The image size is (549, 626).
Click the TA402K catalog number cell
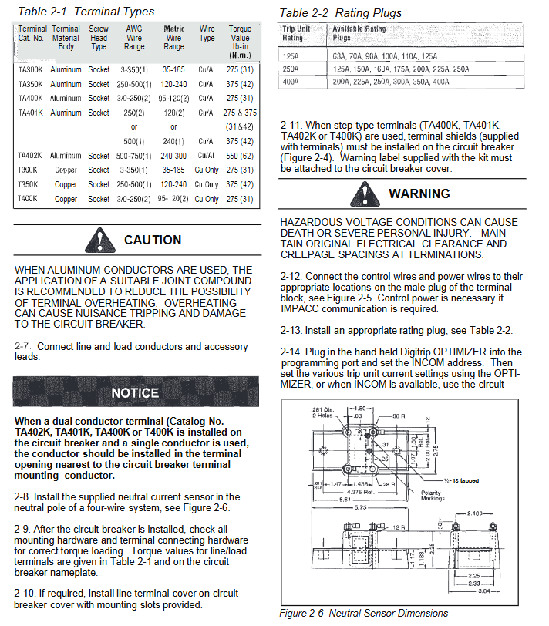(x=30, y=156)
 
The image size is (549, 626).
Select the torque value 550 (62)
(x=240, y=156)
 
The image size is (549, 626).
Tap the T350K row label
(x=28, y=184)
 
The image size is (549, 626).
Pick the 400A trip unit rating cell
(x=291, y=81)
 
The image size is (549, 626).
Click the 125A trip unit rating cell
(x=291, y=56)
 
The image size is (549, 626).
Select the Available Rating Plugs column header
(x=359, y=33)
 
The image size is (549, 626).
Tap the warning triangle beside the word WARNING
(x=363, y=193)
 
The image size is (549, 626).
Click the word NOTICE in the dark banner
(x=135, y=393)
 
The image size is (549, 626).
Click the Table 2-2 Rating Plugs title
(x=341, y=12)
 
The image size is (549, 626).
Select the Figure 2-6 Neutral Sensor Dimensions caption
(x=363, y=614)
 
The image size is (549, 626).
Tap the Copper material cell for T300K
(x=66, y=170)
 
